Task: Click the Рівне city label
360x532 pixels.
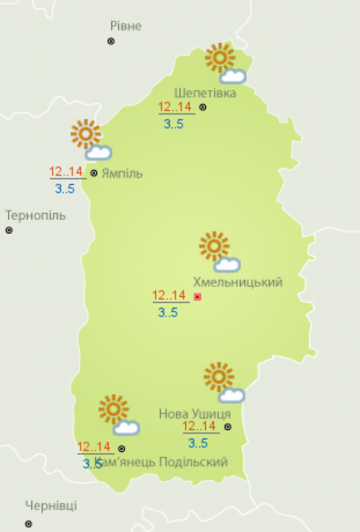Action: tap(126, 26)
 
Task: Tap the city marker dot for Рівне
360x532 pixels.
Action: tap(111, 41)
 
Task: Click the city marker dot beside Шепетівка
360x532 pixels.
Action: tap(202, 107)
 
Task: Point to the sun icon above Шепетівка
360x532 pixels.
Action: tap(220, 58)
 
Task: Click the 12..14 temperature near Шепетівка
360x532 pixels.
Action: tap(175, 108)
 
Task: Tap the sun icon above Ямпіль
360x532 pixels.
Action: tap(85, 134)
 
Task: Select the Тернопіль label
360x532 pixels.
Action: tap(36, 215)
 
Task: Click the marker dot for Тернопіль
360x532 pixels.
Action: tap(9, 230)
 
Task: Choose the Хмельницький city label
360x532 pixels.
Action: tap(238, 282)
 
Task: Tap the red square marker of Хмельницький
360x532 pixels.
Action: tap(198, 297)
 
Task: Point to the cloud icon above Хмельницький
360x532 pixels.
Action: tap(228, 264)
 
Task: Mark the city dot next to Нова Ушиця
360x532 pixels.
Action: tap(228, 427)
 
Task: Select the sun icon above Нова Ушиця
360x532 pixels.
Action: tap(218, 377)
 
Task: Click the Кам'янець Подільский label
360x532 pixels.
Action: tap(161, 462)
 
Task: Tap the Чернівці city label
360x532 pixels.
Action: tap(51, 505)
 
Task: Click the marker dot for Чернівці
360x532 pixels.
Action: tap(28, 524)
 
